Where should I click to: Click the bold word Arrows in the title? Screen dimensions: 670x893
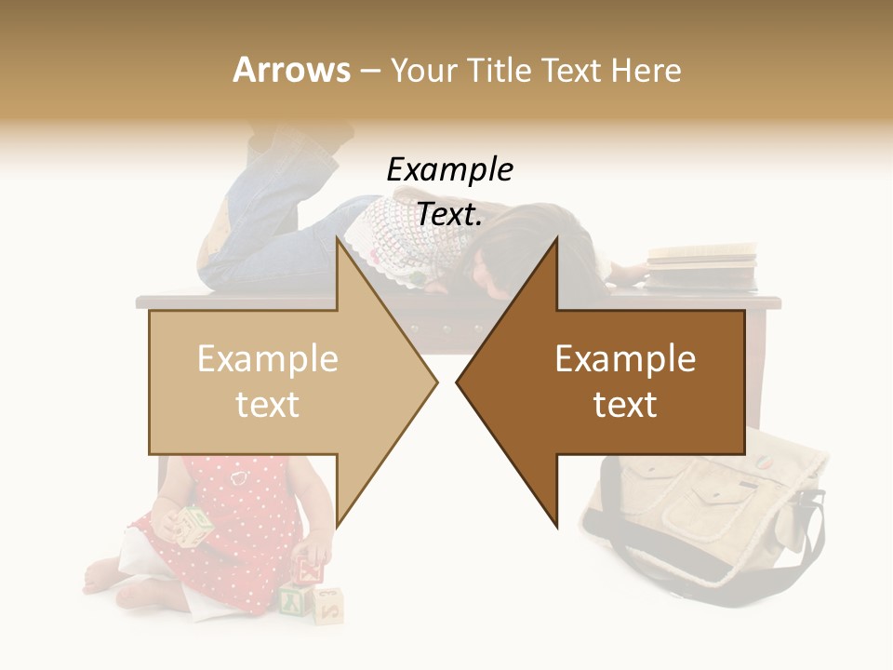click(x=291, y=70)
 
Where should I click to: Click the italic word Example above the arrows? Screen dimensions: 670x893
click(x=449, y=169)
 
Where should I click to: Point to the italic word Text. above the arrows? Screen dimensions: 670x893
click(x=449, y=214)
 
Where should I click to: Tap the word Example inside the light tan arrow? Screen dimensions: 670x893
click(x=268, y=359)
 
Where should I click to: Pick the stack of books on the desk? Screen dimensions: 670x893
click(x=702, y=265)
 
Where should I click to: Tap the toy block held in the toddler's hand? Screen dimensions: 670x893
click(x=196, y=525)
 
